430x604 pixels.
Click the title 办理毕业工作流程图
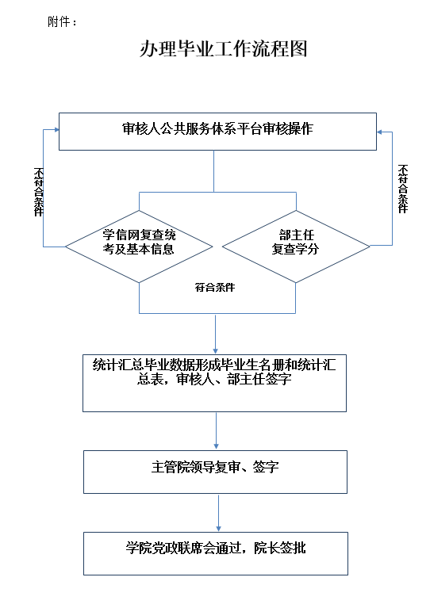223,49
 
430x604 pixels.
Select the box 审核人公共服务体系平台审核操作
217,132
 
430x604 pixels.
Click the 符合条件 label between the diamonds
215,288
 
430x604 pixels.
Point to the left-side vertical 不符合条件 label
39,192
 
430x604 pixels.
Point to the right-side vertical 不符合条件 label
403,189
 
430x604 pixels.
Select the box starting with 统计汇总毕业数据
214,384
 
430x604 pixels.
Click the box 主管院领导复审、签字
215,472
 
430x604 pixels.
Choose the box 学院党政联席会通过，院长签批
216,553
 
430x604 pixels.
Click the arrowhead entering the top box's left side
56,130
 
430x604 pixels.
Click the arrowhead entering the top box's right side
379,132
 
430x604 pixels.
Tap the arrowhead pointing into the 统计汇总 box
215,351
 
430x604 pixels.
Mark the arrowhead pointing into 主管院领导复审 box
216,447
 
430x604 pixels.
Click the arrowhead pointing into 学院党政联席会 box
218,529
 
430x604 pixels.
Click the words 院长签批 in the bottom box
279,548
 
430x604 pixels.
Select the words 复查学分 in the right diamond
295,249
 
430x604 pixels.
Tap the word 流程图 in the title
279,49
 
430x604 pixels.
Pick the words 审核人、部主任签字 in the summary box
234,379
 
